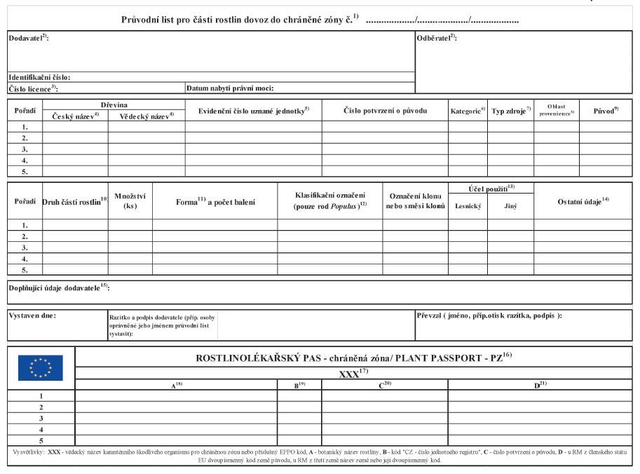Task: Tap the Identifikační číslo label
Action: tap(39, 77)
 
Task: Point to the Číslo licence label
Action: tap(32, 89)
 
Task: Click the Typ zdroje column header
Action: tap(510, 111)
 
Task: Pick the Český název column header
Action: tap(76, 116)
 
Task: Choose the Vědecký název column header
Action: tap(146, 116)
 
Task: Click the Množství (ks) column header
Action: tap(130, 201)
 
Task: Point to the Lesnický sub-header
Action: tap(468, 206)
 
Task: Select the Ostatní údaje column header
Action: tap(583, 201)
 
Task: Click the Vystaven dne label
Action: tap(32, 316)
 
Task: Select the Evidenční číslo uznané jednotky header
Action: tap(253, 111)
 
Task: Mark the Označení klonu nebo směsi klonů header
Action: tap(415, 201)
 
